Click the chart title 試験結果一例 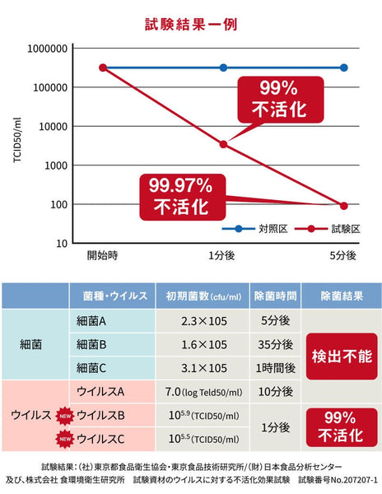[x=191, y=24]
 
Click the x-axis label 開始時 [x=103, y=255]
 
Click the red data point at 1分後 [x=223, y=144]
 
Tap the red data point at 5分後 [x=344, y=205]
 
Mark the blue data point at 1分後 [x=223, y=68]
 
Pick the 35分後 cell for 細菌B [x=274, y=344]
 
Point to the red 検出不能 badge [x=341, y=356]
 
